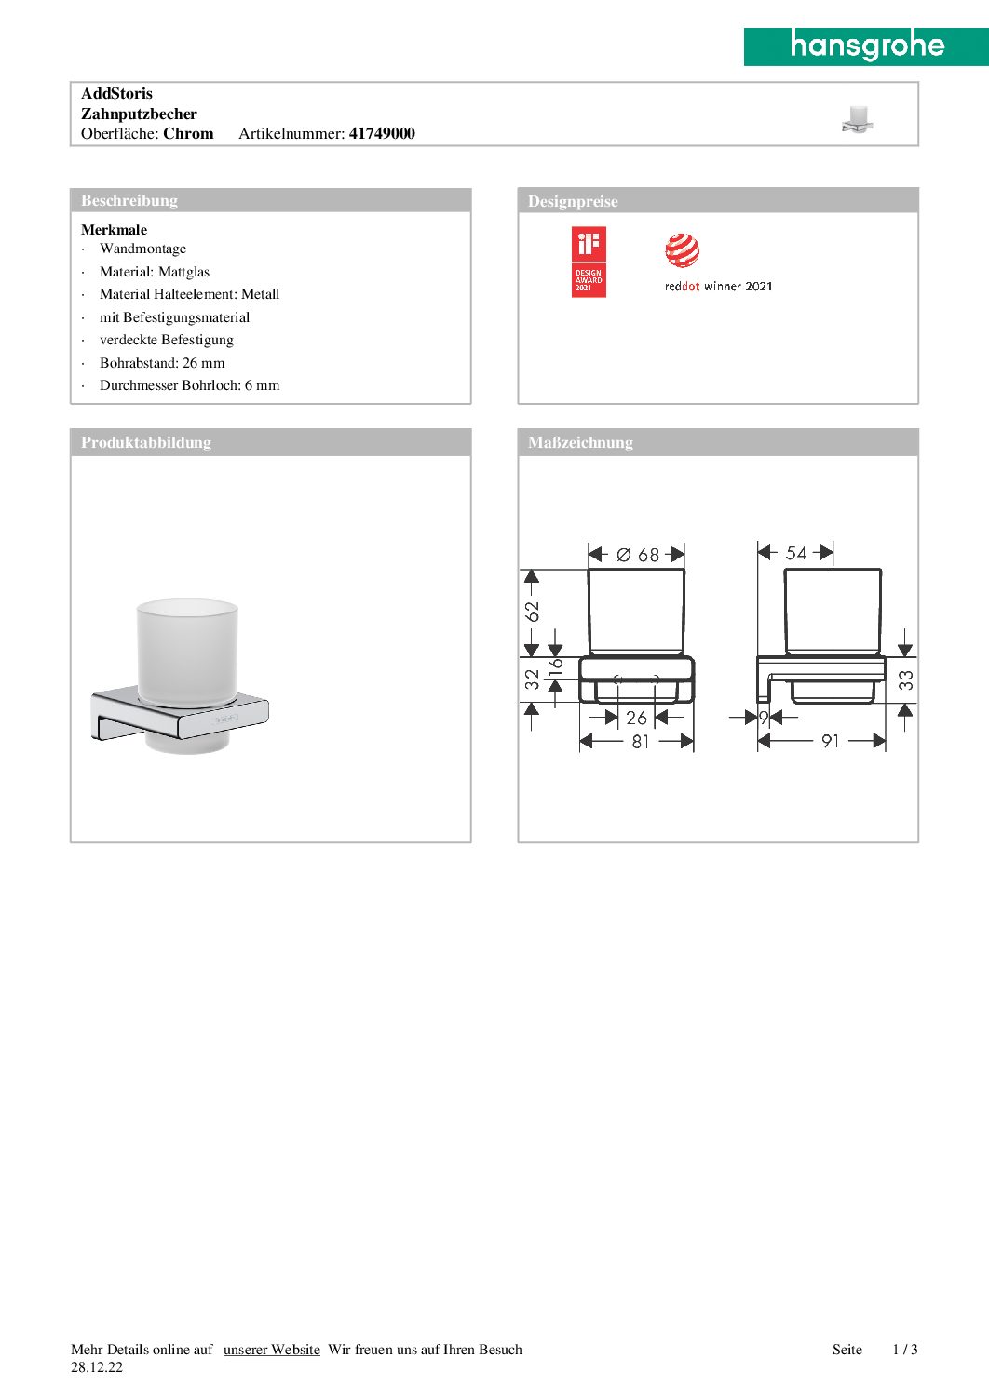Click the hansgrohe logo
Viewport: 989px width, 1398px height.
coord(866,46)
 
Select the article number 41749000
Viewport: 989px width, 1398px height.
coord(382,133)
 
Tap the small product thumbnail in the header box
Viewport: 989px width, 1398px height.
coord(857,119)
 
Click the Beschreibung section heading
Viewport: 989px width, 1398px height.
coord(129,200)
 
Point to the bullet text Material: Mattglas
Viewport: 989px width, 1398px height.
coord(155,272)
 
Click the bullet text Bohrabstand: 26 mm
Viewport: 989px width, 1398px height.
coord(162,363)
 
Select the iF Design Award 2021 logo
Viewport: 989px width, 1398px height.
coord(589,262)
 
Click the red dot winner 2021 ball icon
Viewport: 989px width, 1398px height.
coord(682,250)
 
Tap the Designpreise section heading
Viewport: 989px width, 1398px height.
coord(573,201)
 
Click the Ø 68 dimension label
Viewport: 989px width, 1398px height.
coord(638,555)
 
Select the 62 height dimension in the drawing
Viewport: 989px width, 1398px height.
coord(532,612)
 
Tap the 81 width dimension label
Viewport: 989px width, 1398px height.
coord(641,742)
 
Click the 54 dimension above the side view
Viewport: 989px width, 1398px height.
coord(796,553)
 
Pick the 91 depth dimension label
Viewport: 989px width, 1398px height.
coord(831,741)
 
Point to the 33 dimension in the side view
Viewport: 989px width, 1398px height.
coord(906,680)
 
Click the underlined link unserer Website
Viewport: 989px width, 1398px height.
coord(272,1350)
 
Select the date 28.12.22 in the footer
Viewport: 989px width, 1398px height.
coord(97,1367)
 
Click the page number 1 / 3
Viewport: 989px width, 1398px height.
coord(905,1350)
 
